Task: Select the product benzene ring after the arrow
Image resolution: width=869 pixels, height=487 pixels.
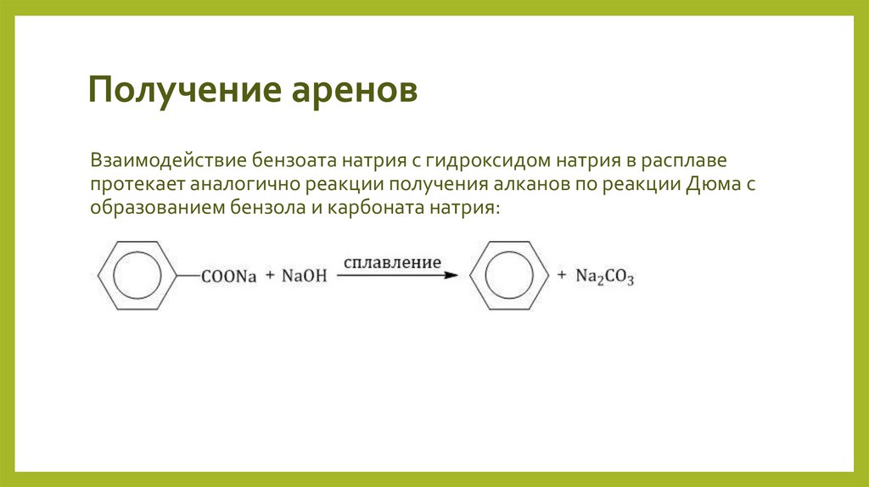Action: tap(507, 275)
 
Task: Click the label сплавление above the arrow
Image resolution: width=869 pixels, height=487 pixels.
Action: tap(392, 263)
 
